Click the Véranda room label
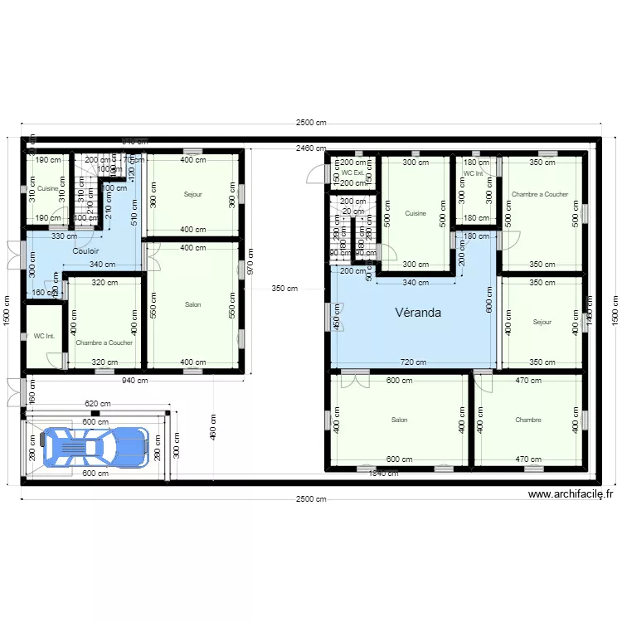click(x=417, y=313)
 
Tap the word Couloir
click(x=85, y=250)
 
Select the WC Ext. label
click(x=352, y=173)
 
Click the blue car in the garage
click(x=96, y=446)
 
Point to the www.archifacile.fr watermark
click(x=570, y=494)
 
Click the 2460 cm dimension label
click(x=310, y=148)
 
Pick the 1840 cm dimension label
click(x=384, y=474)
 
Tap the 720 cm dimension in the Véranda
click(x=413, y=362)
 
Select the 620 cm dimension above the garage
click(x=96, y=404)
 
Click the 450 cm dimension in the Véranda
click(x=337, y=313)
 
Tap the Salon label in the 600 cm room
click(x=399, y=420)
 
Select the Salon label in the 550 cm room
click(x=192, y=304)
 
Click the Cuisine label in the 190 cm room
click(x=47, y=188)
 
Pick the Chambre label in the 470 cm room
click(x=527, y=420)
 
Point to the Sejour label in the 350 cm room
click(x=542, y=322)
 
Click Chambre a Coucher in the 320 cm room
click(x=104, y=342)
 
